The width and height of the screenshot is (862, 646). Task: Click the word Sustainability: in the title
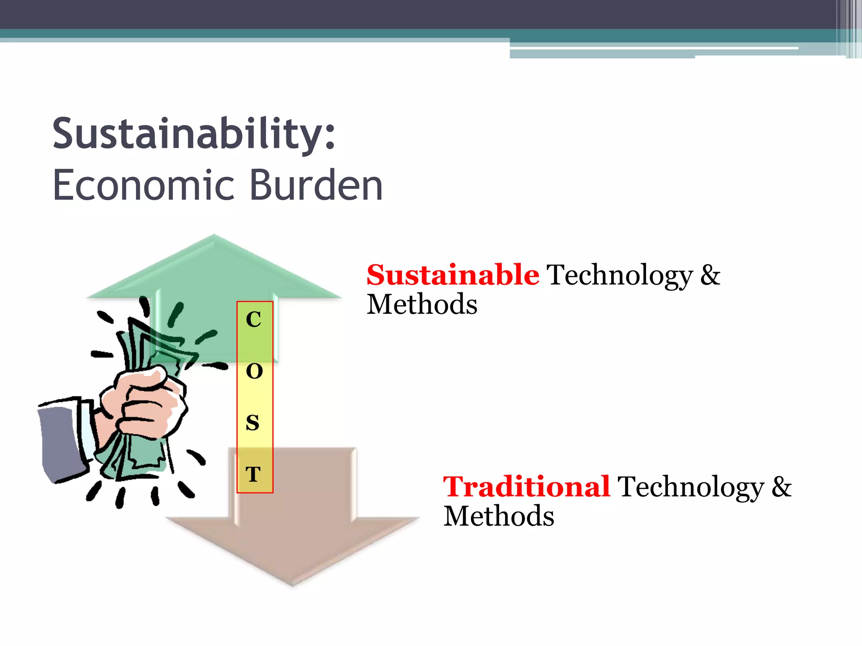194,134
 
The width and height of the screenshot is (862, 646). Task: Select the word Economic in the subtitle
143,185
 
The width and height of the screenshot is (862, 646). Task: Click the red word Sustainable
452,275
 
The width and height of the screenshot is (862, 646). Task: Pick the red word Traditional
526,487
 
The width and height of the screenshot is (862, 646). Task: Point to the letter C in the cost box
253,320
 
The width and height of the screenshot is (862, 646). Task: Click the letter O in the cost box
254,371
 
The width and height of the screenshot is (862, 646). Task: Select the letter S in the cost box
253,423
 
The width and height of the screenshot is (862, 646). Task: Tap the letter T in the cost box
253,474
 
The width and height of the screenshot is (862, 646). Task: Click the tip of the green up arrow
214,236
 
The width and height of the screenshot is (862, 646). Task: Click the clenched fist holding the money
143,404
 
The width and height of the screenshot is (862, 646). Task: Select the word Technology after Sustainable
620,276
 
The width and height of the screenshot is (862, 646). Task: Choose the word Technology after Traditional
691,487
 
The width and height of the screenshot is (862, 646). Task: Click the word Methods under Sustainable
422,304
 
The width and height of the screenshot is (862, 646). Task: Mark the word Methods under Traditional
499,516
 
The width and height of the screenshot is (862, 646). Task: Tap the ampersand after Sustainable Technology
710,275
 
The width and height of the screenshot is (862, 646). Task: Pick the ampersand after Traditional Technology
782,487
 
